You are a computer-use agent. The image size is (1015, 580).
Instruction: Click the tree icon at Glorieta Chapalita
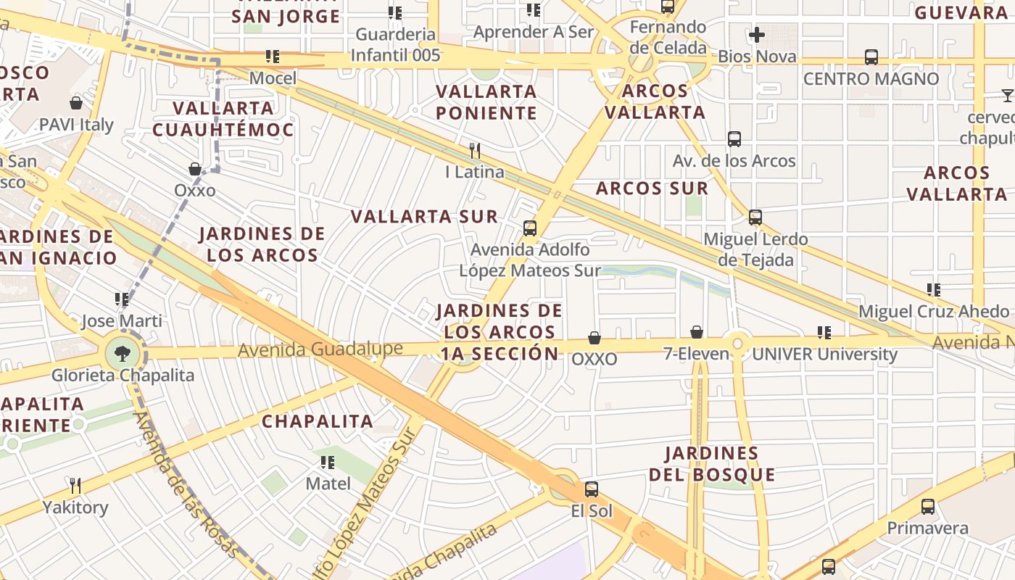click(x=123, y=354)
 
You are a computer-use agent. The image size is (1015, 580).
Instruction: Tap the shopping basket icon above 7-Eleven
click(x=697, y=332)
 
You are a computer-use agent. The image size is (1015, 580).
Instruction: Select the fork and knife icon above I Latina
click(x=475, y=150)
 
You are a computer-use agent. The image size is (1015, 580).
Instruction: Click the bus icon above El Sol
click(x=592, y=489)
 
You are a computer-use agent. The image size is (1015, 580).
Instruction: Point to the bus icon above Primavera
click(x=928, y=507)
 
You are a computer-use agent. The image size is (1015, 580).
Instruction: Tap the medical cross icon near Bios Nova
click(x=757, y=34)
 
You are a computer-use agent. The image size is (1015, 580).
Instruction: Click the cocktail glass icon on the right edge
click(x=1007, y=95)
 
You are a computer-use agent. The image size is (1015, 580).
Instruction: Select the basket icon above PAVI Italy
click(x=76, y=103)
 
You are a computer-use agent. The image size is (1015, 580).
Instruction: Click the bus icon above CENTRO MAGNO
click(x=871, y=57)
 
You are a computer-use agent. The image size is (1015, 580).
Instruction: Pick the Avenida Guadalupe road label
click(x=320, y=349)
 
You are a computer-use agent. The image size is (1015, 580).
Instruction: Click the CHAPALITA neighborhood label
click(x=318, y=421)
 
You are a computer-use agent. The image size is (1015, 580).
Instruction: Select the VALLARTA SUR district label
click(x=424, y=216)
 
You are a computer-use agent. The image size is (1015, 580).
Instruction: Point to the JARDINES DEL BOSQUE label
click(x=712, y=464)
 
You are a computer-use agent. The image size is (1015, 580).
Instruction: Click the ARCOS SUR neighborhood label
click(x=652, y=188)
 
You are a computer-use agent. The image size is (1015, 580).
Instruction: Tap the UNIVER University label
click(x=824, y=355)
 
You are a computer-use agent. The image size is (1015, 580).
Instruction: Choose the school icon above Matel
click(x=328, y=462)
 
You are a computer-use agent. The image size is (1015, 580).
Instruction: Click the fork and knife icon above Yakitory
click(x=75, y=485)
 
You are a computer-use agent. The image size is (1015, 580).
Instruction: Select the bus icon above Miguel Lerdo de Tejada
click(x=755, y=217)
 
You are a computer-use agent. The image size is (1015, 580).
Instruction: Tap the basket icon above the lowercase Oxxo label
click(x=195, y=169)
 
